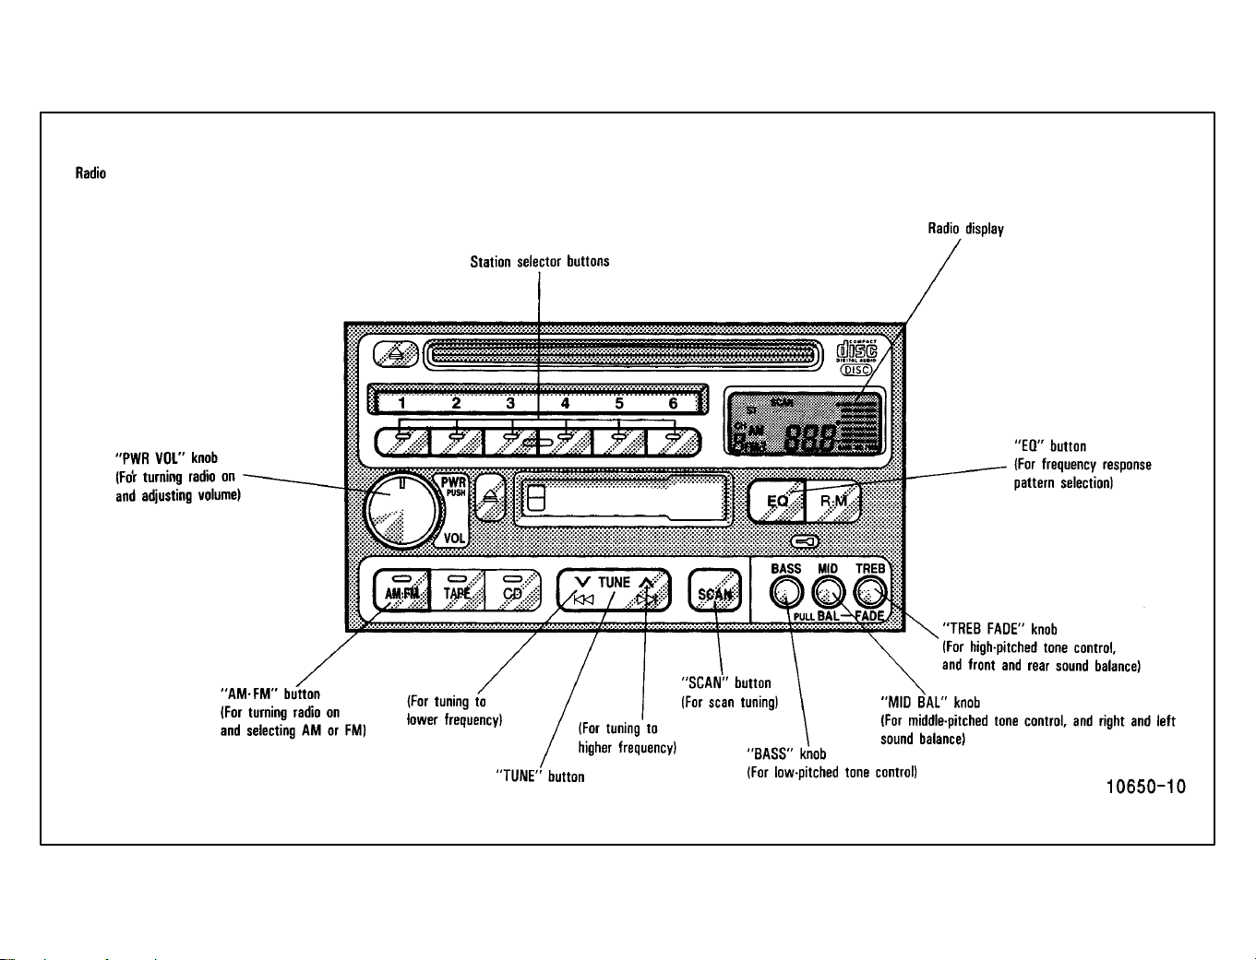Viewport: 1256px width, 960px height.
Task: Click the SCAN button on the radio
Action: [714, 590]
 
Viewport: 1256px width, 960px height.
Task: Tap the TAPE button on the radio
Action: [457, 589]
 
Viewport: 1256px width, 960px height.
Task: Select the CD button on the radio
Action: [513, 589]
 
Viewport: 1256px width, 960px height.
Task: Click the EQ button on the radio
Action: [776, 502]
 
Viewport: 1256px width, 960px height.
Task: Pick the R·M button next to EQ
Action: [833, 502]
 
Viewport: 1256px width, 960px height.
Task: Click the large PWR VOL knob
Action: [402, 509]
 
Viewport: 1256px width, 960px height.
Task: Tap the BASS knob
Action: [786, 592]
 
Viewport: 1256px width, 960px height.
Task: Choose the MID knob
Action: [828, 592]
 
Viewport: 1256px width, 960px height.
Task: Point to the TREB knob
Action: [869, 592]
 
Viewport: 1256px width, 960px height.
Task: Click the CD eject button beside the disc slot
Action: [395, 354]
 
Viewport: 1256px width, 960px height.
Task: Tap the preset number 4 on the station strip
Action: [565, 403]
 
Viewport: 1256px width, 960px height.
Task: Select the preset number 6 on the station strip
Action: [673, 403]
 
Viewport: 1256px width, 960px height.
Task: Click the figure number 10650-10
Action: [1145, 787]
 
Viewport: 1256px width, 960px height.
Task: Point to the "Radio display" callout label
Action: [966, 229]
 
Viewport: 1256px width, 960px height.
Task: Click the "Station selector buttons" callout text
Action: [540, 261]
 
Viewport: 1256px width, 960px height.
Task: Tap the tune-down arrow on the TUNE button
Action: [582, 582]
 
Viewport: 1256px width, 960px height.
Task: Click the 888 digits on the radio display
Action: [810, 439]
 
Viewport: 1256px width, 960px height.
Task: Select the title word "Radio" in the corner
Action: [90, 172]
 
